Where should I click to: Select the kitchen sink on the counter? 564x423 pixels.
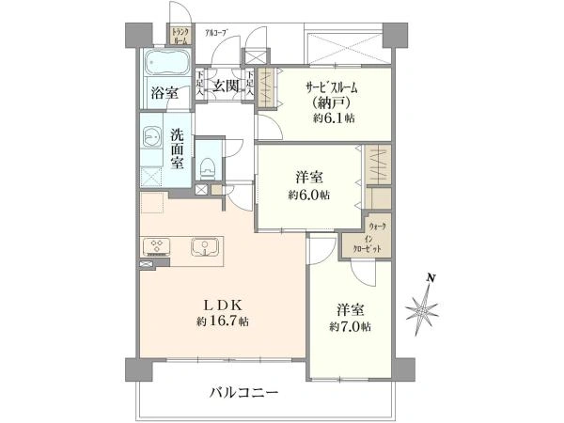click(201, 248)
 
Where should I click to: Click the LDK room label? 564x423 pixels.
click(224, 305)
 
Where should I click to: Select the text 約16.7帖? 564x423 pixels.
click(224, 321)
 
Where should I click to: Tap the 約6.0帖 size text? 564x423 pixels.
click(308, 195)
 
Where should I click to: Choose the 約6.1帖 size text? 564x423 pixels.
click(335, 119)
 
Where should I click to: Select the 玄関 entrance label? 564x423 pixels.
click(225, 87)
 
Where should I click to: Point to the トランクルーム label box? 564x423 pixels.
click(180, 38)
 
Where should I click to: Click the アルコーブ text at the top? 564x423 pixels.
click(217, 34)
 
